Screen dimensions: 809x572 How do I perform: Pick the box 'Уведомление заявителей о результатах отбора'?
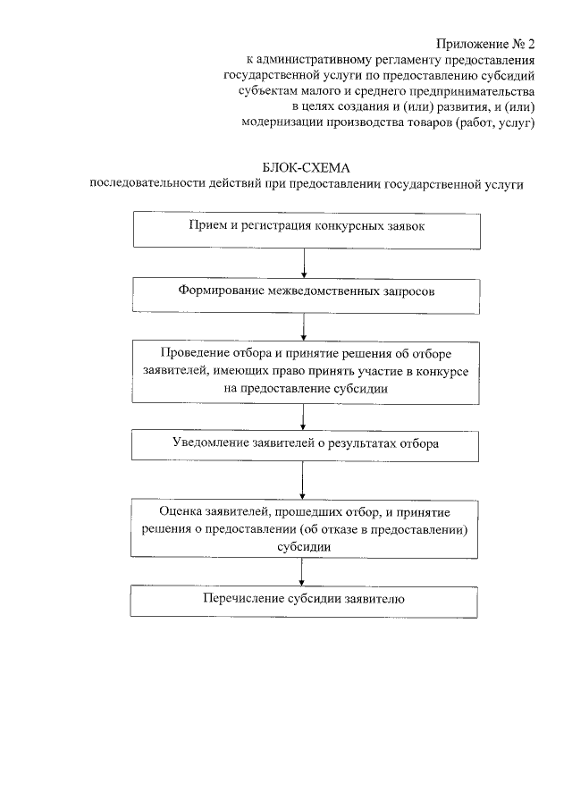coord(306,442)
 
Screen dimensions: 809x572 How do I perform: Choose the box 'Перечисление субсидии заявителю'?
coord(306,599)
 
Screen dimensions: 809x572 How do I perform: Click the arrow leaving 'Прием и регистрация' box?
coord(306,261)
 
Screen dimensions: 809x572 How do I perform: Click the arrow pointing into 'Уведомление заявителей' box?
coord(306,417)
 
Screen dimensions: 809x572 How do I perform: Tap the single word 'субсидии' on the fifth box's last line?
coord(305,549)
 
